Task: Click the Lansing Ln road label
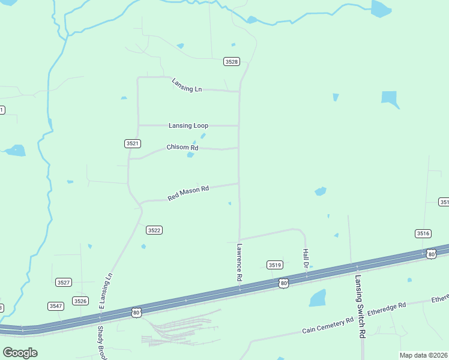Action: point(187,85)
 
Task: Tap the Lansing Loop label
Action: point(188,125)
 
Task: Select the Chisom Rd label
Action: point(182,148)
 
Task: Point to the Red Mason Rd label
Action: point(188,193)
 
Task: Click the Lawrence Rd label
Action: point(239,262)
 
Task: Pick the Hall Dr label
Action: point(306,258)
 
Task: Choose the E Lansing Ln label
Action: point(106,292)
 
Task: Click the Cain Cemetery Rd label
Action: point(328,326)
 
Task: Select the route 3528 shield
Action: point(232,62)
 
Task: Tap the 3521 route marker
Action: point(133,143)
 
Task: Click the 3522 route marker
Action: point(154,230)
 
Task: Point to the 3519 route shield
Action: point(275,265)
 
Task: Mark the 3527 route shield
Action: point(63,282)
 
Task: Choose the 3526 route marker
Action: point(80,301)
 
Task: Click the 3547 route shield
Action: point(56,306)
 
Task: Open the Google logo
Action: point(20,353)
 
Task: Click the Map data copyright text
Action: point(423,355)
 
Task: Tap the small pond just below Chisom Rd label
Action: point(190,155)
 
